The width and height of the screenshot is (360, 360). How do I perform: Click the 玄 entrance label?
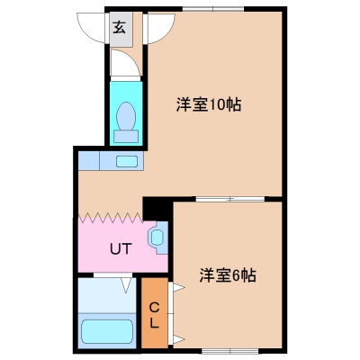point(120,28)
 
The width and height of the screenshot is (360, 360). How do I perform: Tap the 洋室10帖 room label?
point(209,104)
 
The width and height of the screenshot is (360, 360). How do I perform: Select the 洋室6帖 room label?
point(228,274)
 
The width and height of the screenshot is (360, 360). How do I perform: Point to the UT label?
point(121,248)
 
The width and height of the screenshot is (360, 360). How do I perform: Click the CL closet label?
point(154,315)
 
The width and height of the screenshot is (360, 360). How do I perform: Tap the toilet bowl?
point(126,116)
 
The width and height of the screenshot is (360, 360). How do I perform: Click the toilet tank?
point(126,136)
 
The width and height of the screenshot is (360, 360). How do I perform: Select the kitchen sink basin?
point(127,161)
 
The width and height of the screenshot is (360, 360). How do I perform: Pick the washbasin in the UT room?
point(157,238)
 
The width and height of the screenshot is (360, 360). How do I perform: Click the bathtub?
point(107,331)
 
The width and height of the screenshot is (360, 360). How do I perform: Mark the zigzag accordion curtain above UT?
point(111,218)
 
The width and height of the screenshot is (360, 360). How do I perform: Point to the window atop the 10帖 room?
point(213,9)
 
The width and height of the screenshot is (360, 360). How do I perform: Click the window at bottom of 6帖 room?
point(231,351)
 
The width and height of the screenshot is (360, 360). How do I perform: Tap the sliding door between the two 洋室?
point(230,199)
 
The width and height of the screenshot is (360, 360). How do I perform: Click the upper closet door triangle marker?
point(178,288)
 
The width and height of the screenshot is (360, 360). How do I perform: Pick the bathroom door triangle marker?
point(127,285)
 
